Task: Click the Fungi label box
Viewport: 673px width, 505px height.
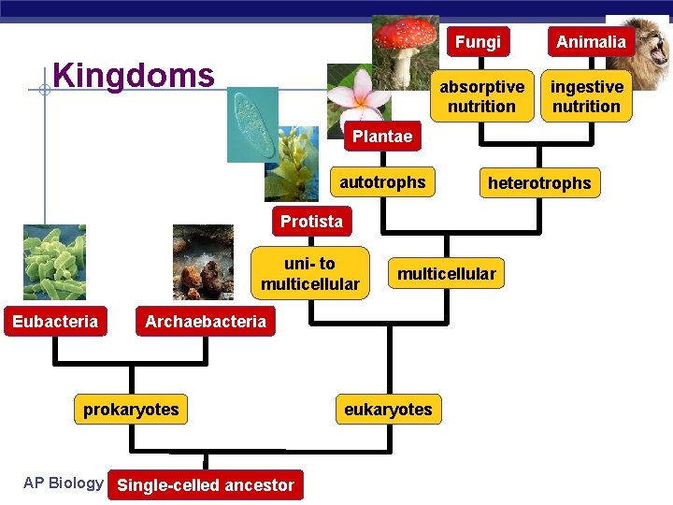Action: pyautogui.click(x=478, y=42)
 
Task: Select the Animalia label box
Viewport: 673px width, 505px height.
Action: pyautogui.click(x=591, y=42)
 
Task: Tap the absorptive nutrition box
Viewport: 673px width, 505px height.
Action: pyautogui.click(x=481, y=96)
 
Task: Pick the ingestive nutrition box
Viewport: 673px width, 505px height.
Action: pyautogui.click(x=586, y=96)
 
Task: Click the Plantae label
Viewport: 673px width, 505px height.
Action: pyautogui.click(x=381, y=137)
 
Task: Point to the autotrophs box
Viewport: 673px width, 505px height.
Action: pyautogui.click(x=382, y=182)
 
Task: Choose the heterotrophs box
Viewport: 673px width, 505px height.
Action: pyautogui.click(x=539, y=183)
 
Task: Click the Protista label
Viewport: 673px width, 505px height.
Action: pyautogui.click(x=311, y=222)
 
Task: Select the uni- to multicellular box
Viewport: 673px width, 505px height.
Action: pyautogui.click(x=310, y=274)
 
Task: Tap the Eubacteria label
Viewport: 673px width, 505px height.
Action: pyautogui.click(x=55, y=322)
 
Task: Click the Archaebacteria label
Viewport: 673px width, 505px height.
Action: pyautogui.click(x=205, y=322)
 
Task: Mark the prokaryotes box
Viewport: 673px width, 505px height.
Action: pyautogui.click(x=131, y=410)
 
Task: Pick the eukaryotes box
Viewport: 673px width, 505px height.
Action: pyautogui.click(x=388, y=410)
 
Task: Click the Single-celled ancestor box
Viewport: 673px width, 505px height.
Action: pyautogui.click(x=206, y=485)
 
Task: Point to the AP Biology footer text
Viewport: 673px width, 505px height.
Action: pyautogui.click(x=63, y=483)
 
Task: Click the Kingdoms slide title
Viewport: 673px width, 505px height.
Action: pyautogui.click(x=134, y=75)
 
